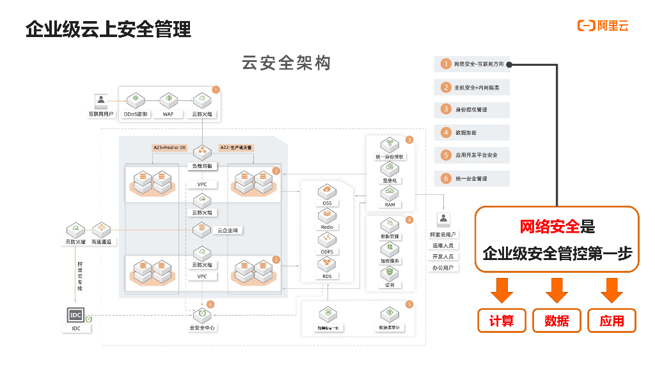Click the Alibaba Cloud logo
click(603, 26)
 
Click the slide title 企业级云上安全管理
click(108, 29)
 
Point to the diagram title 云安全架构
click(286, 63)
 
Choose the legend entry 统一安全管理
click(471, 178)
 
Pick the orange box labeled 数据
click(556, 321)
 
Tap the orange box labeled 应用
click(612, 321)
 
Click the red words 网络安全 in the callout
click(549, 226)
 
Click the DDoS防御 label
click(136, 114)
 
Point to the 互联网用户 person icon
click(100, 100)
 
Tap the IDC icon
click(75, 315)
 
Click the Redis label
click(327, 227)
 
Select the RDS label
click(327, 276)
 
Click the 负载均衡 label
click(203, 166)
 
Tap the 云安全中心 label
click(202, 328)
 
